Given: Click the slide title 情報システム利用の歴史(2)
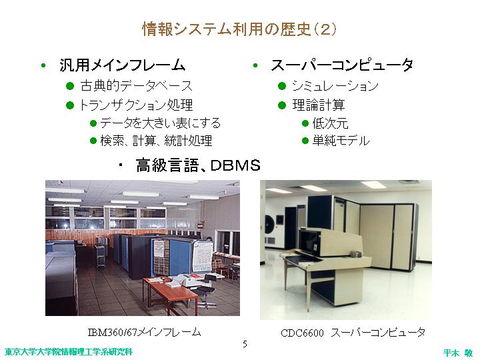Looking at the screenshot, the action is point(239,29).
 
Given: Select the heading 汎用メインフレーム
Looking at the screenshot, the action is point(123,65).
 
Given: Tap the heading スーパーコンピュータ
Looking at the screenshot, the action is point(342,65).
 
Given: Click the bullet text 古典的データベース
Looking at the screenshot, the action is point(136,86).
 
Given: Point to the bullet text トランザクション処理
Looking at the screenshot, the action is point(136,105).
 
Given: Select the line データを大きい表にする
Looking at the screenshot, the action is point(161,123).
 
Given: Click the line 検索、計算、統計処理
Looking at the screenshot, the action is point(156,141).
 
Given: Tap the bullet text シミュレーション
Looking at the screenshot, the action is point(335,86).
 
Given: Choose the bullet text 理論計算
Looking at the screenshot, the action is point(319,105).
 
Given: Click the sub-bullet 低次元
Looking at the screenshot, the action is point(330,123).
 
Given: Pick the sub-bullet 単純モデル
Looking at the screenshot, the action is point(341,141).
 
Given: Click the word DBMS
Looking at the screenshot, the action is point(235,165).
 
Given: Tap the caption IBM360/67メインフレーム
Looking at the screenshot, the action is point(144,332).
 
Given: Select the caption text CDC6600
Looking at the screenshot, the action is point(302,333).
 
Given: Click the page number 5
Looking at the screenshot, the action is point(245,344).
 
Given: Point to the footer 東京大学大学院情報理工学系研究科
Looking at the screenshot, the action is point(69,352).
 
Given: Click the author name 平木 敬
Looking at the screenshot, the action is point(458,353).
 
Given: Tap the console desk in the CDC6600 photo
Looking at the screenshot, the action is point(325,263).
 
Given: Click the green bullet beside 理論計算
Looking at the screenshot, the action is point(281,105).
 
